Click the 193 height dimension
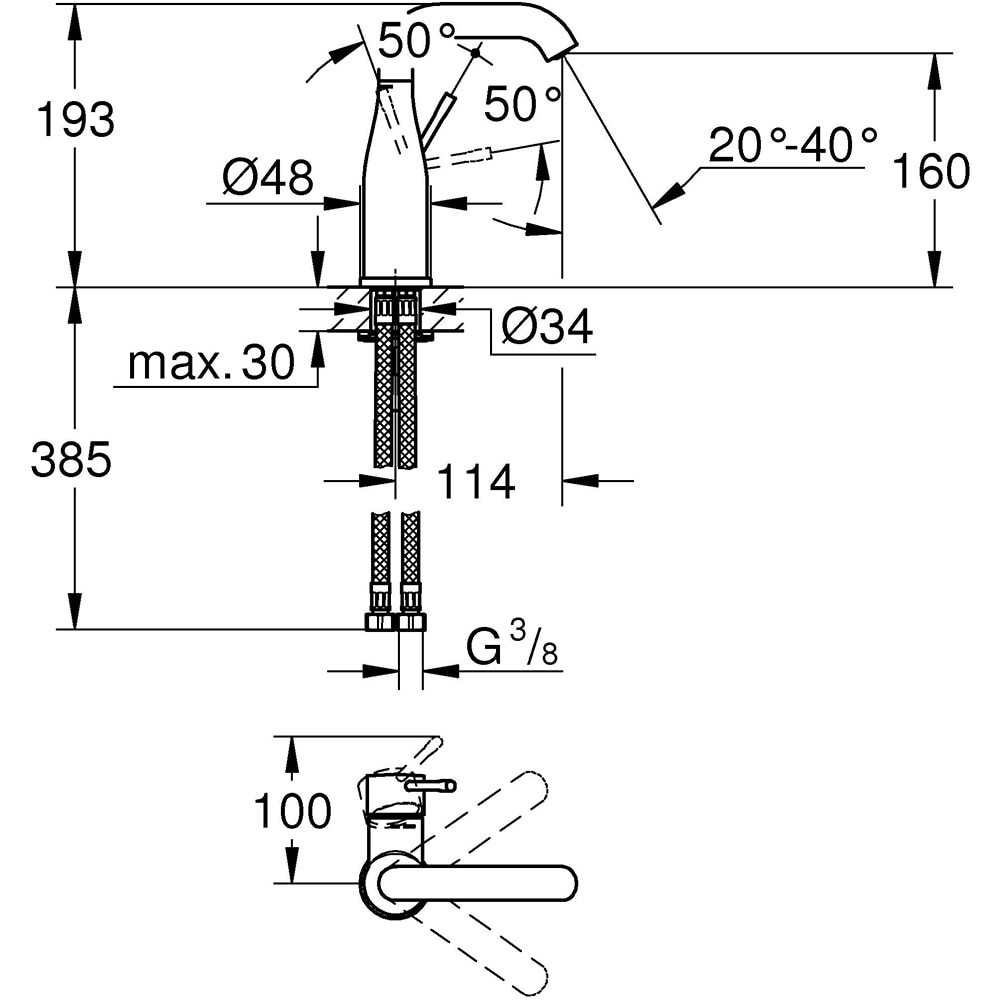click(x=75, y=121)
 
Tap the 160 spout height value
click(x=931, y=171)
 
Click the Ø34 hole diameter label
click(x=546, y=326)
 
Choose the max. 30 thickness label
click(x=212, y=364)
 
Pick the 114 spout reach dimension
click(x=475, y=482)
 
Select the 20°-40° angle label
click(x=793, y=145)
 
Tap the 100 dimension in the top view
click(x=291, y=811)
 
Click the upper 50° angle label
click(x=417, y=42)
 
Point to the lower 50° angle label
click(x=521, y=103)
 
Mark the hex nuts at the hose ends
click(x=395, y=622)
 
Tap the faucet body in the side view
click(x=394, y=200)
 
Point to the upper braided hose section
click(x=396, y=400)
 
